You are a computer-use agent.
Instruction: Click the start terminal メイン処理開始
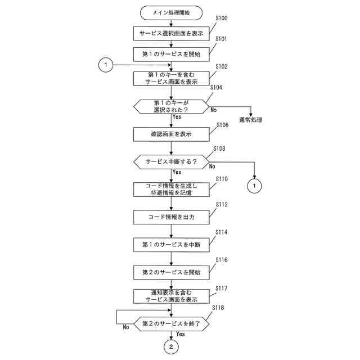click(x=172, y=12)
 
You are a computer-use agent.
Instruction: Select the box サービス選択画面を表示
click(x=172, y=33)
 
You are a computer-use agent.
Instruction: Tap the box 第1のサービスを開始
click(x=172, y=54)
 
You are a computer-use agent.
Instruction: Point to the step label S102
click(x=222, y=66)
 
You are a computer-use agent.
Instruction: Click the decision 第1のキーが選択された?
click(x=172, y=106)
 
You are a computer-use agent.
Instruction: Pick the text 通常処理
click(x=251, y=120)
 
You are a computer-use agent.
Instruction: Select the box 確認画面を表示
click(x=172, y=134)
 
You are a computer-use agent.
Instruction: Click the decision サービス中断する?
click(x=172, y=161)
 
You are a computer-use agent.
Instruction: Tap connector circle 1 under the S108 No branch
click(x=255, y=185)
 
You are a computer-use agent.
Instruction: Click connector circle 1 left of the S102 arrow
click(x=105, y=65)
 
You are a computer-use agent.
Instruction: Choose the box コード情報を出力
click(x=172, y=216)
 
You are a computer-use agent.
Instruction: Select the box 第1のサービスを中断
click(x=172, y=244)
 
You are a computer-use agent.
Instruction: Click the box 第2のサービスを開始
click(x=172, y=272)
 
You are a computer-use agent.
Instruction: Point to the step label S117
click(x=222, y=288)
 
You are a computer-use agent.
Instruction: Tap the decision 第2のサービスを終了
click(x=172, y=324)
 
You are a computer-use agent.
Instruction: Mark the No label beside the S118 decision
click(x=126, y=327)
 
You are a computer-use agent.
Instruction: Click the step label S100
click(x=222, y=19)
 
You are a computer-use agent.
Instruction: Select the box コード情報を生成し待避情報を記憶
click(x=172, y=189)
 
